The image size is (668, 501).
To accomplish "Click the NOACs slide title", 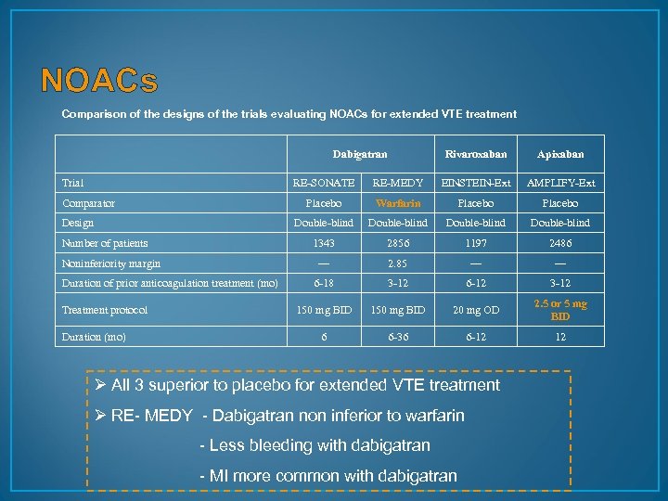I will pos(99,81).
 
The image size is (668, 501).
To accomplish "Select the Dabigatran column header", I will pos(360,154).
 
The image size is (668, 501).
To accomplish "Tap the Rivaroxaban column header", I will pos(476,154).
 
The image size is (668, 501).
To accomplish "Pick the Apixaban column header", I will pos(559,154).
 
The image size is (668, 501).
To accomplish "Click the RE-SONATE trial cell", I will pos(323,184).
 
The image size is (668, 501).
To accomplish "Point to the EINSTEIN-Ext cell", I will pos(476,184).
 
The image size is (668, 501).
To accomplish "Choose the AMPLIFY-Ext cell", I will pos(559,184).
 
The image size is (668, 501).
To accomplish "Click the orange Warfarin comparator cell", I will pos(397,203).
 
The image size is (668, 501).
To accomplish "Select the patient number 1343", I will pos(323,243).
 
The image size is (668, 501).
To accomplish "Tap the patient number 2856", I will pos(397,243).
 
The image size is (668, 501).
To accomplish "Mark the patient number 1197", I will pos(476,243).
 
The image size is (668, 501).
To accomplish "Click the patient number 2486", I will pos(559,243).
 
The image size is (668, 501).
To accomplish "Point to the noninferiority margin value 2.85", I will pos(397,263).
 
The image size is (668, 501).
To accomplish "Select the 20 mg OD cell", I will pos(476,310).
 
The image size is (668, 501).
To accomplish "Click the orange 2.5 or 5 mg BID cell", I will pos(559,310).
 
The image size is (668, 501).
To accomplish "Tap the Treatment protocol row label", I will pos(105,310).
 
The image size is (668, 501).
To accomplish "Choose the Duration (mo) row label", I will pos(94,337).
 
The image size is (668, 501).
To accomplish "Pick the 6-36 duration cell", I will pos(397,337).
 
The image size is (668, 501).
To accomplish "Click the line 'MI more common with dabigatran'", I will pos(328,476).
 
